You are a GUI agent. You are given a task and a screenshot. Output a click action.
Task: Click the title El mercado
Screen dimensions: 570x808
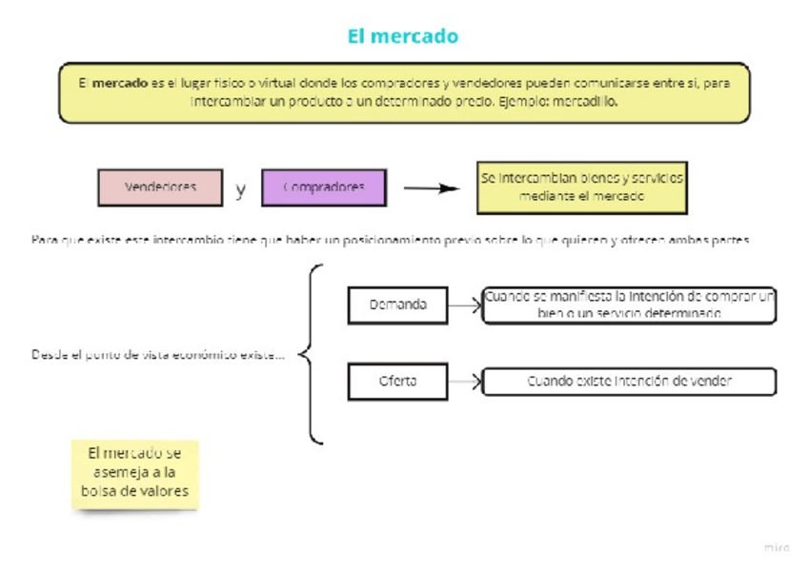[403, 37]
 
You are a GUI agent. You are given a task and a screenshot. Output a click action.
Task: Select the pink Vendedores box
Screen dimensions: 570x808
[160, 187]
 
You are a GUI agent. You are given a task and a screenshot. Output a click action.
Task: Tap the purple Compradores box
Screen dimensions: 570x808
[324, 187]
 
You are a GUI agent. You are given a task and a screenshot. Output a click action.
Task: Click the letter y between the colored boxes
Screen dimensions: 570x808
[241, 188]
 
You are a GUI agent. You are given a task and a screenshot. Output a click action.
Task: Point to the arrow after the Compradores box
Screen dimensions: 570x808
[431, 187]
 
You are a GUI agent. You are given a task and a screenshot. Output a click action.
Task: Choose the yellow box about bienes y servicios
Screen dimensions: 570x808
[582, 187]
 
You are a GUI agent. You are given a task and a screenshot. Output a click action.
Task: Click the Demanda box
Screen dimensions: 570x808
[397, 305]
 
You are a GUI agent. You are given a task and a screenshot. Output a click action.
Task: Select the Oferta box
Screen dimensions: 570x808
[397, 382]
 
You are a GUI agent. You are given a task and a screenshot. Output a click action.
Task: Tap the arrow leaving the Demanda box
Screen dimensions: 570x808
[465, 305]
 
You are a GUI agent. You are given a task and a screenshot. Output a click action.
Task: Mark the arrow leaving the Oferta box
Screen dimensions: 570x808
[465, 382]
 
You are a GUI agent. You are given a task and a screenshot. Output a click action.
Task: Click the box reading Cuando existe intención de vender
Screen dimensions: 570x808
[629, 382]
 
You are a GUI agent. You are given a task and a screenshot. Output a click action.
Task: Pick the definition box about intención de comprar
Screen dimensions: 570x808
[629, 305]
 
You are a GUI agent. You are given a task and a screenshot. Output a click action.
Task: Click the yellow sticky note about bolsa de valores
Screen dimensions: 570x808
[135, 473]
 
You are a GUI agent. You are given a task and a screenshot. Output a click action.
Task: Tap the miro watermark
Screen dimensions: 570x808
[777, 548]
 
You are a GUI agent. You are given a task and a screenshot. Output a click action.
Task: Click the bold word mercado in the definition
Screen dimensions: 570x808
[120, 84]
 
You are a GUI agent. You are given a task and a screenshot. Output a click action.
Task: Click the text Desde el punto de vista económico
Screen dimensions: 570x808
[157, 355]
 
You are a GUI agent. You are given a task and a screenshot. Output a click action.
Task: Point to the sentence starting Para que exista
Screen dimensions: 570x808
[391, 240]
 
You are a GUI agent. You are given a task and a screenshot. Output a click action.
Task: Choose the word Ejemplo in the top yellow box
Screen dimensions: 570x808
[518, 101]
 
